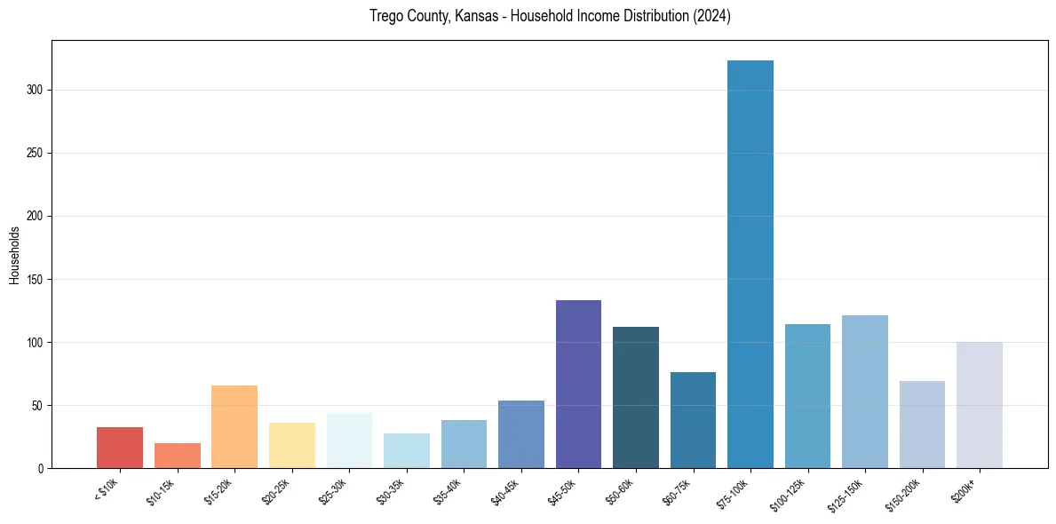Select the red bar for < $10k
[120, 448]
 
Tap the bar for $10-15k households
[178, 456]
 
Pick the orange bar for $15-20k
[234, 426]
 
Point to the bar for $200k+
[980, 405]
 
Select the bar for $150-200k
[922, 425]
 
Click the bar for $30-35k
[407, 450]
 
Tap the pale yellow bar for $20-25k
[292, 445]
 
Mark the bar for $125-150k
[865, 392]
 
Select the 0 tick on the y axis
[43, 468]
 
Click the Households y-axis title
[15, 255]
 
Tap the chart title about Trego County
[550, 16]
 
